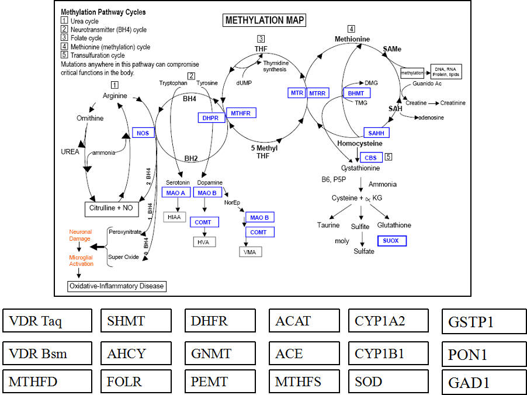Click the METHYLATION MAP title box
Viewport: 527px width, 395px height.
(x=265, y=20)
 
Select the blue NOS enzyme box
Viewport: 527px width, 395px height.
(x=143, y=133)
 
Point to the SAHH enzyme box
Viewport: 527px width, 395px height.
(x=376, y=133)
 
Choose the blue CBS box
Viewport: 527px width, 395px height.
(x=370, y=157)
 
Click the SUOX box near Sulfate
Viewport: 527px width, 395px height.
(x=391, y=241)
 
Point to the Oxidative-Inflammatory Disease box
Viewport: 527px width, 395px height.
(x=117, y=286)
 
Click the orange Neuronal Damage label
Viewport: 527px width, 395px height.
(x=80, y=235)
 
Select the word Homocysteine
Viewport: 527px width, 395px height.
(x=360, y=143)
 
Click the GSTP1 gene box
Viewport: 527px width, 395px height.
(x=484, y=321)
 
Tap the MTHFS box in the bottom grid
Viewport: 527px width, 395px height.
(x=304, y=382)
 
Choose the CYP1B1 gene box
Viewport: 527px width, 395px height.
(x=389, y=354)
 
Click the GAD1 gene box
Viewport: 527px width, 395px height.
(x=484, y=383)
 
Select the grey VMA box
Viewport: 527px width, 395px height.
(x=251, y=252)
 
